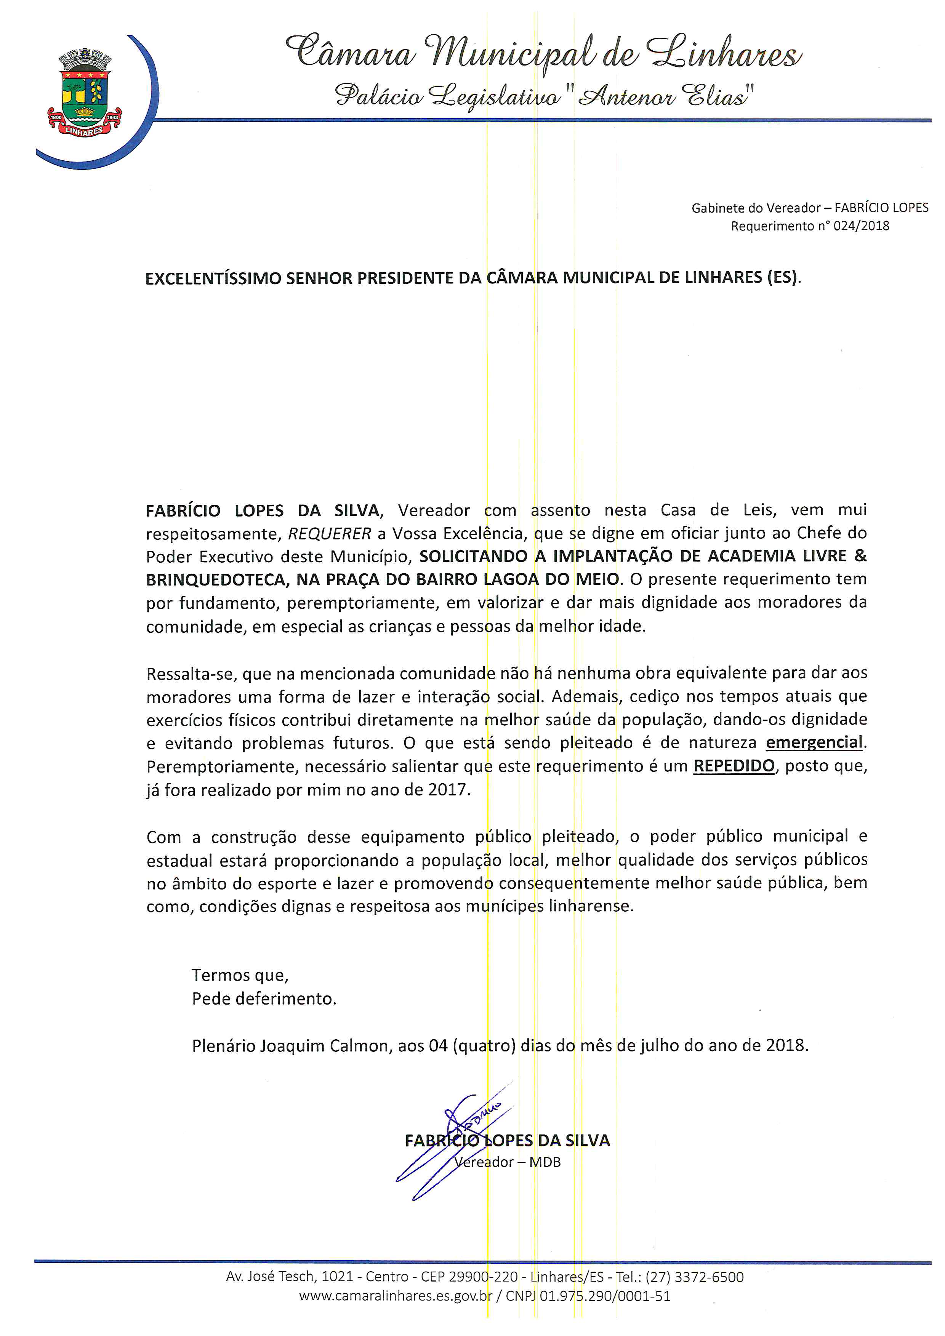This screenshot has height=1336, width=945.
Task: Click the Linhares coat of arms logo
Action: coord(84,94)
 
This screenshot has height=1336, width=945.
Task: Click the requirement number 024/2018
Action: coord(861,226)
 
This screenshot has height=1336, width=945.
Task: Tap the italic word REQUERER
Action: coord(329,534)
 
